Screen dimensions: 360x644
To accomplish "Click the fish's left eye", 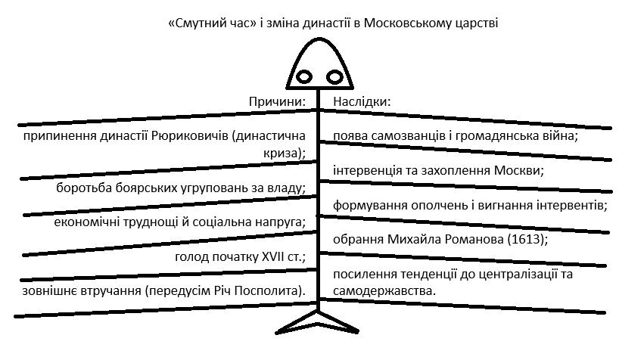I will pos(304,76).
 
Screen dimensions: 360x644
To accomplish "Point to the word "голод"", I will pos(191,256).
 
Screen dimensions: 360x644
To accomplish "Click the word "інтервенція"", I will pos(366,170).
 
